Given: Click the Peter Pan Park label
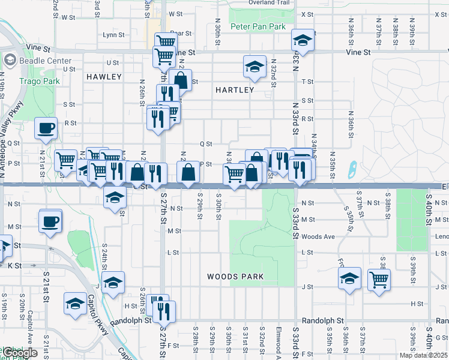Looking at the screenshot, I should pos(258,27).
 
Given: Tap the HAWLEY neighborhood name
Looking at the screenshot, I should pos(104,77).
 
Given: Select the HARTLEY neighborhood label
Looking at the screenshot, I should pos(235,90).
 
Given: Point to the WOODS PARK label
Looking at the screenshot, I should pos(235,277).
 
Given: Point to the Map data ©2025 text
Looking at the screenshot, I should pos(424,355).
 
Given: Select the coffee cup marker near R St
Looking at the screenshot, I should pos(47,127).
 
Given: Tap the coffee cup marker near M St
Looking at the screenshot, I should pos(50,221).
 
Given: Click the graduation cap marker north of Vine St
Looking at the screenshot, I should pos(303,41).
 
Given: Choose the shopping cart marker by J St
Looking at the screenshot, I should pos(379,278).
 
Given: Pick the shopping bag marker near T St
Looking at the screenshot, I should pos(180,79).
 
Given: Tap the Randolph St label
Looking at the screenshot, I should pos(322,321).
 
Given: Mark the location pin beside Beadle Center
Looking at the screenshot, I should pos(10,61).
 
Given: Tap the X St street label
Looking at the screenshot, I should pos(307,14).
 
